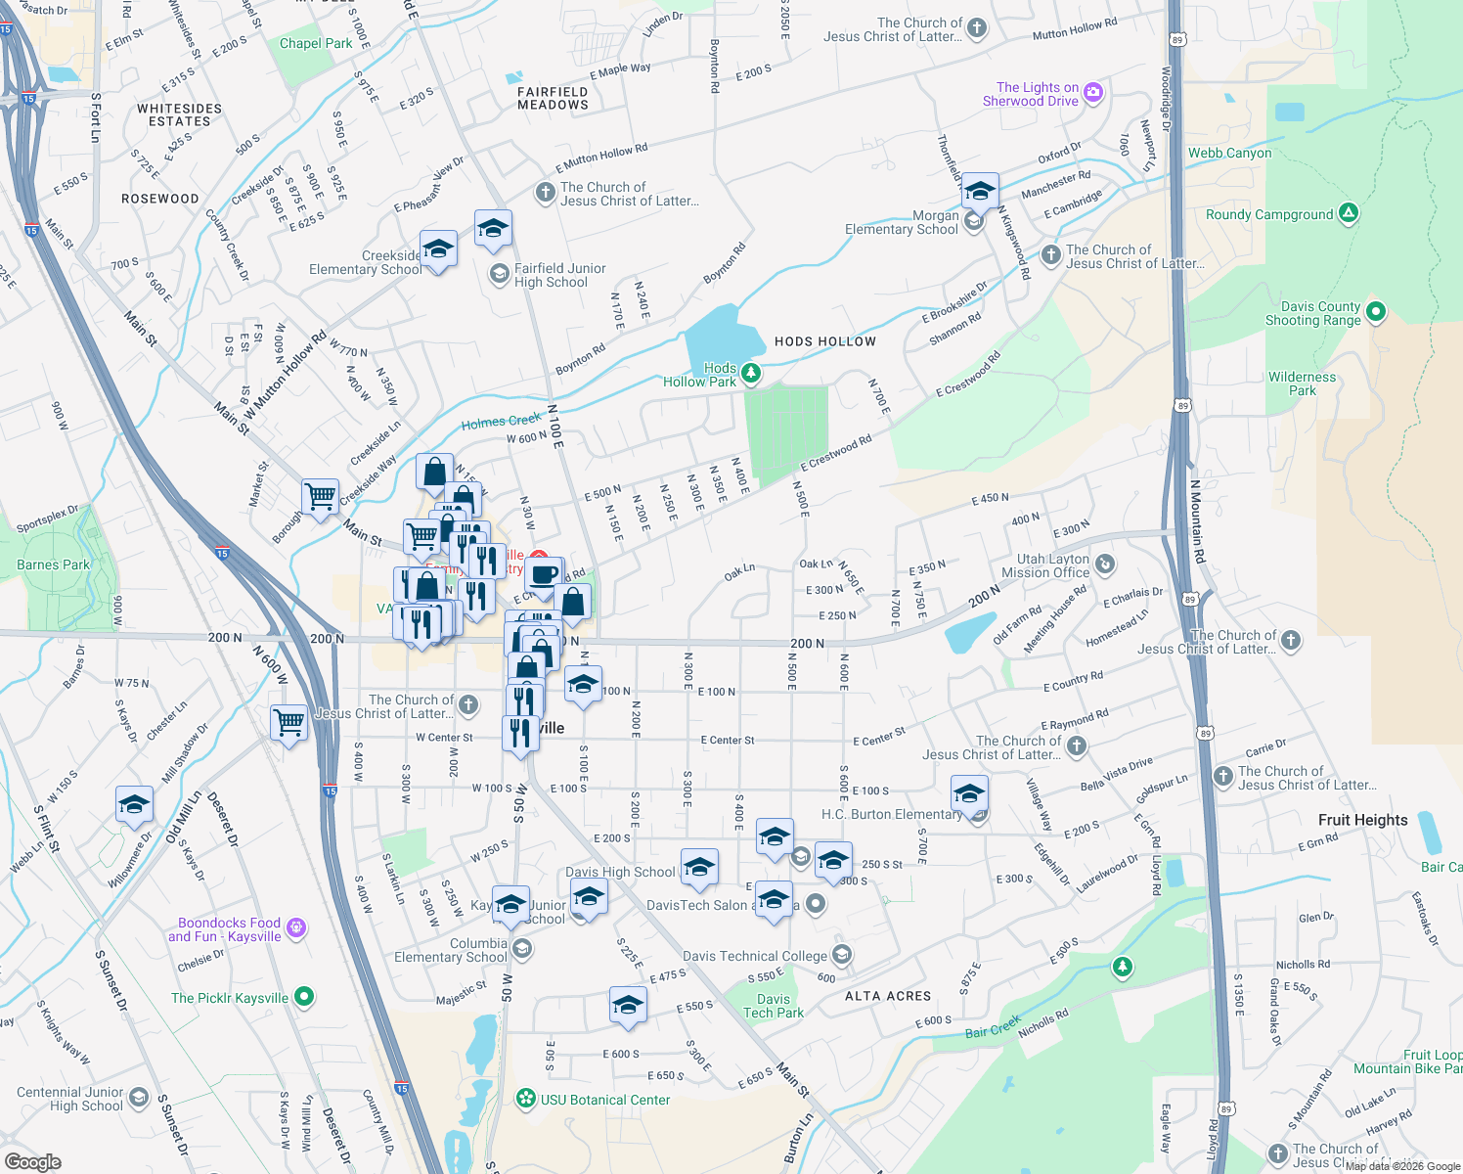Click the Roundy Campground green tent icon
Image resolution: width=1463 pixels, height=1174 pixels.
(1349, 213)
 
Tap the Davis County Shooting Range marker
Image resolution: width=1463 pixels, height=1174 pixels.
(1376, 312)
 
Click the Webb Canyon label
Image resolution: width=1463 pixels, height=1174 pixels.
(1229, 153)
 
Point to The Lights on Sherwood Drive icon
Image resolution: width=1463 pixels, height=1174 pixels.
(1093, 93)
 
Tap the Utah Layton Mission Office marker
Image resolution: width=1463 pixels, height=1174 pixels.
(1105, 564)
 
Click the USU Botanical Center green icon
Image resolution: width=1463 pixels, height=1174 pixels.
(526, 1099)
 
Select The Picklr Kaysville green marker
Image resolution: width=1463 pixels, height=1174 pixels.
(304, 997)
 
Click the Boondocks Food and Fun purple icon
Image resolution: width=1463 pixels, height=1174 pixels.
(296, 927)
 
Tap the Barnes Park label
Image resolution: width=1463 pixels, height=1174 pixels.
(53, 564)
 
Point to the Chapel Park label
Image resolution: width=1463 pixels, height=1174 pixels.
(316, 43)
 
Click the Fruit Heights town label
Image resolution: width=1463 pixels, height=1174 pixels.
(1362, 820)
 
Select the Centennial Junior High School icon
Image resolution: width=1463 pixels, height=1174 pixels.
(139, 1098)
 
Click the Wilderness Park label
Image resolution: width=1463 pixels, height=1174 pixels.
(1302, 384)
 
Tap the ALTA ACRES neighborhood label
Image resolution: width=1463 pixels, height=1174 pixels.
(888, 996)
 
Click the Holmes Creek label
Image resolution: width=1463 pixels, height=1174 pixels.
(501, 421)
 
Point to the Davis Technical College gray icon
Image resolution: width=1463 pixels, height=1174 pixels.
(841, 955)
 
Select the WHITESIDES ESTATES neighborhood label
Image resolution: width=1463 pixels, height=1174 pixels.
(179, 114)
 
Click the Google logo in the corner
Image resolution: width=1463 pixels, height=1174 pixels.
(32, 1161)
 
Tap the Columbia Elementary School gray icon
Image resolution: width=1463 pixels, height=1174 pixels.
(522, 948)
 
